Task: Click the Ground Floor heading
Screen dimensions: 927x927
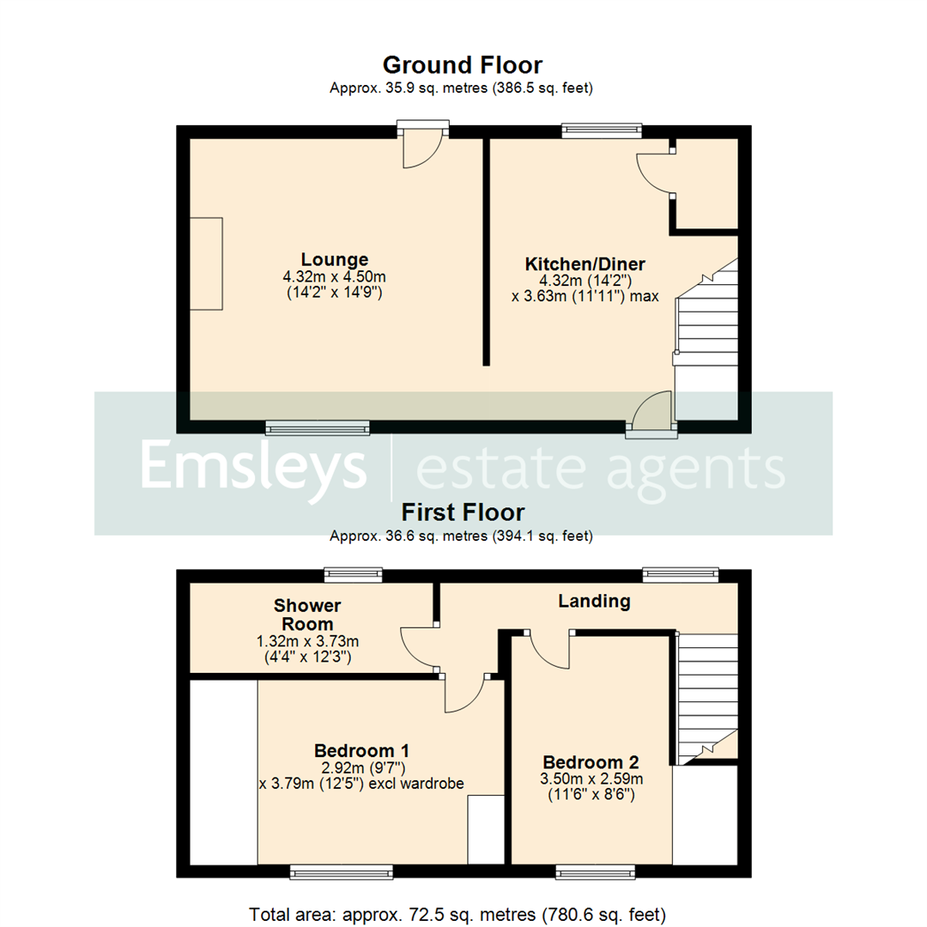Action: [462, 65]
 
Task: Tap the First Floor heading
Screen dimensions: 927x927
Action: [463, 512]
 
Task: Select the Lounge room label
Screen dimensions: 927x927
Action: [335, 259]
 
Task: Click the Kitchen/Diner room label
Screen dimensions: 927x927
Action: [585, 264]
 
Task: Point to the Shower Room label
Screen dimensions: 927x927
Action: [308, 615]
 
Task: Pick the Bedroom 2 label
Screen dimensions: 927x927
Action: [592, 762]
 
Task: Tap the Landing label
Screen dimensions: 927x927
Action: [594, 601]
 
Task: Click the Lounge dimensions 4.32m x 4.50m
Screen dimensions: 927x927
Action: [335, 276]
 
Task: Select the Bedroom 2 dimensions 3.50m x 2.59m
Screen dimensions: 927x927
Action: [592, 779]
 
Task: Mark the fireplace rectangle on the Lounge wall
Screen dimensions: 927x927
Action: [207, 264]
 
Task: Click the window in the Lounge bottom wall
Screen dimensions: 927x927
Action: [318, 427]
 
